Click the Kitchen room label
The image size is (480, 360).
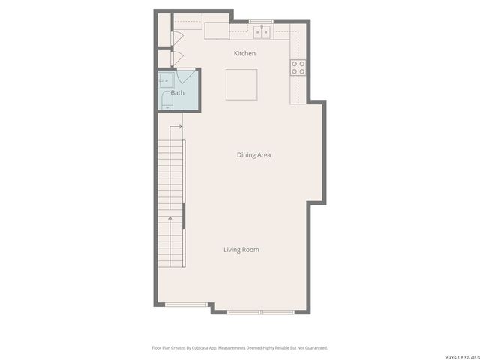244,53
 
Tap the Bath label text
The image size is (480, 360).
177,93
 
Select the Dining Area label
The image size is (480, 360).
253,155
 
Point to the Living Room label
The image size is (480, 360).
241,250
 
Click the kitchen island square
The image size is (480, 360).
241,84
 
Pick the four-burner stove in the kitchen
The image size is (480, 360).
298,67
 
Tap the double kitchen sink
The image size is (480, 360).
262,31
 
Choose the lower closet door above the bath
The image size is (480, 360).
177,58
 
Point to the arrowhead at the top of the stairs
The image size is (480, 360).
182,127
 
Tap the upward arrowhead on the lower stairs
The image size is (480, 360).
171,218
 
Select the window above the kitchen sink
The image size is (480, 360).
262,21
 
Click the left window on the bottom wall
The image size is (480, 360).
186,304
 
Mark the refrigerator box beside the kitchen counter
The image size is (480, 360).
217,29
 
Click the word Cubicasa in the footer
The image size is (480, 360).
199,347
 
